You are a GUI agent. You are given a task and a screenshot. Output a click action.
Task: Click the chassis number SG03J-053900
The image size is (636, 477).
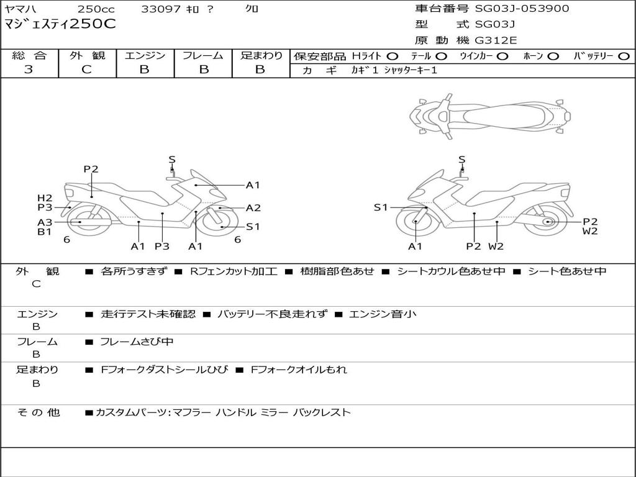point(522,9)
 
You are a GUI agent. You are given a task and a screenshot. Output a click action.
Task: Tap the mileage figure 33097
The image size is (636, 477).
point(161,9)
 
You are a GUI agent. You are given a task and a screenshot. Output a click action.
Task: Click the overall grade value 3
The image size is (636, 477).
point(29,70)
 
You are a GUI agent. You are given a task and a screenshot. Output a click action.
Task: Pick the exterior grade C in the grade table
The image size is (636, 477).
point(87,70)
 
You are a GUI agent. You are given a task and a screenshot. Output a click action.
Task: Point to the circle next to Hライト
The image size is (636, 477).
point(393,57)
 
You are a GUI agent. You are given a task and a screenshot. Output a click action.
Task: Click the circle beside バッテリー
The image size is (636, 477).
point(624,57)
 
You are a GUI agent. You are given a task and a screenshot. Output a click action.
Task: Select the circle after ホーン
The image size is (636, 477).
point(553,57)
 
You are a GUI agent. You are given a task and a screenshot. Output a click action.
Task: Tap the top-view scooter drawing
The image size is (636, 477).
point(490,116)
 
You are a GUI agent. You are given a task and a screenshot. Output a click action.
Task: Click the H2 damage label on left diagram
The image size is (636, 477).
point(45,198)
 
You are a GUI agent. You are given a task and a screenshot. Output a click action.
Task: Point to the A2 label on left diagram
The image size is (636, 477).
point(253,208)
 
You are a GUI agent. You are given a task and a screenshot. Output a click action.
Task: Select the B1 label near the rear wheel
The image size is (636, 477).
point(45,232)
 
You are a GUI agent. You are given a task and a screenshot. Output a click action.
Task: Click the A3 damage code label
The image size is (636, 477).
point(45,222)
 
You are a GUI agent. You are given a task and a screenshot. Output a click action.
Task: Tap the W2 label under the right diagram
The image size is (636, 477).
point(496,246)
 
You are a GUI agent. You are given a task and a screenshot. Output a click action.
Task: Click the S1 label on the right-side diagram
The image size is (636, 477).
point(381,207)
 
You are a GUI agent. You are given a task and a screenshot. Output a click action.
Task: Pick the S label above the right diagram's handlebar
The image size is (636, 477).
point(462,160)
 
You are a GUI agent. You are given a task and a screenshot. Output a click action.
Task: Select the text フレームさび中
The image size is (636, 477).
point(137,342)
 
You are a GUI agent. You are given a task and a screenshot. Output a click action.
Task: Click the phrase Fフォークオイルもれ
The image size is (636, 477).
point(299,370)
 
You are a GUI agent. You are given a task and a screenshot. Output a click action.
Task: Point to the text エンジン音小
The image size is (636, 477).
point(383,314)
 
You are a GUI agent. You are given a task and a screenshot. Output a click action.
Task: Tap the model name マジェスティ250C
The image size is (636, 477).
point(60,24)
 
